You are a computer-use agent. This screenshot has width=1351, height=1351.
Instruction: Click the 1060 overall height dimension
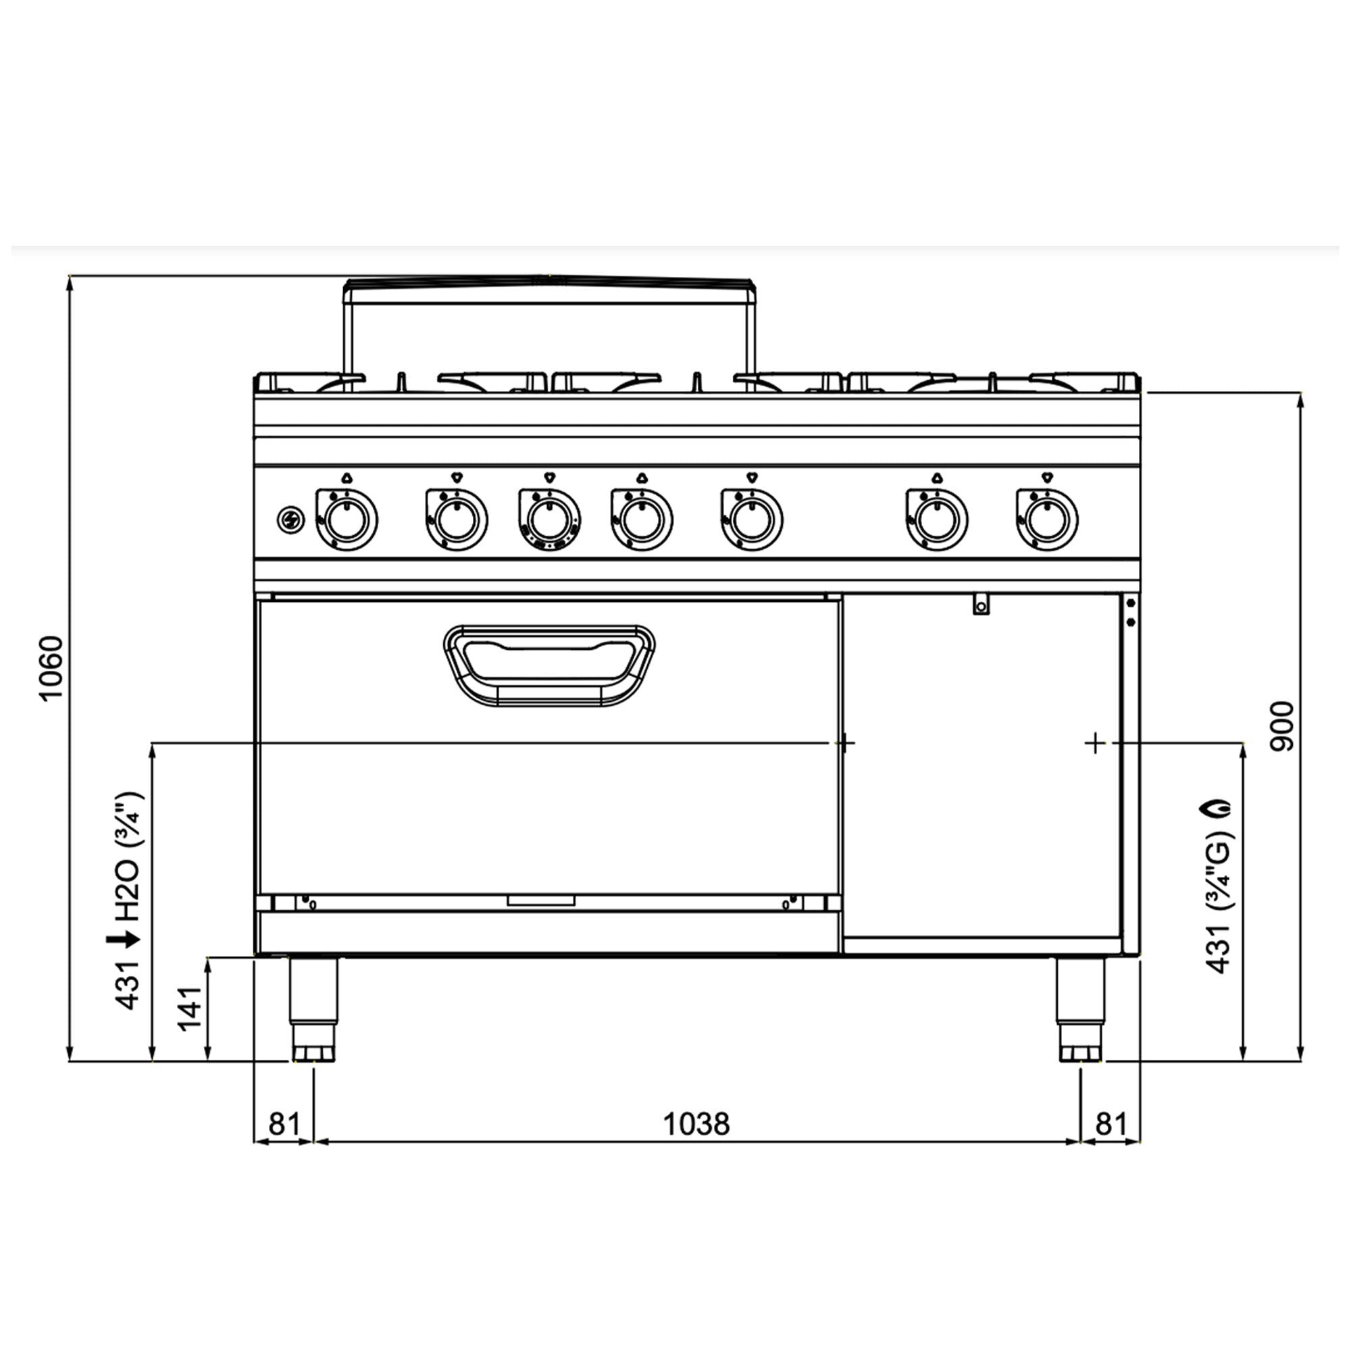click(x=51, y=668)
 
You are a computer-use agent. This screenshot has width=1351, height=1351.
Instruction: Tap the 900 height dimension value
click(x=1283, y=727)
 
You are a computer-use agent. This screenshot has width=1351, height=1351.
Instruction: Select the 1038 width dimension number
click(x=696, y=1124)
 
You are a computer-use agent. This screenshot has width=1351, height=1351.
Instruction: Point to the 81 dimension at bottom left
click(x=284, y=1124)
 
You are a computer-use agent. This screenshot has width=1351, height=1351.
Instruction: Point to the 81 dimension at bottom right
click(x=1111, y=1124)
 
